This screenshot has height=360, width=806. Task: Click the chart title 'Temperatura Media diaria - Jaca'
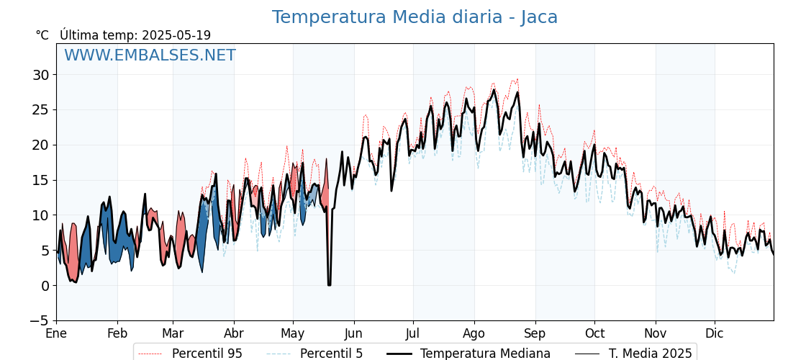415,17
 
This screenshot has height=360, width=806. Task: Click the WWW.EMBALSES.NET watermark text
150,55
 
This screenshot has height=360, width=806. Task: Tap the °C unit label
42,35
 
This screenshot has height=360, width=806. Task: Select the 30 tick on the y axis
40,75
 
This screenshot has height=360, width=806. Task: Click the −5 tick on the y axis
40,321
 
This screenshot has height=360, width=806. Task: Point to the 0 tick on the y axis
45,286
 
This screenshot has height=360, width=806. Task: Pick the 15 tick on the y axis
40,180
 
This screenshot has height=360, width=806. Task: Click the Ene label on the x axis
56,334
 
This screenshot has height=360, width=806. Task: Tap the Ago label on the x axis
474,334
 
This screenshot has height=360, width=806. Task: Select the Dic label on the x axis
715,334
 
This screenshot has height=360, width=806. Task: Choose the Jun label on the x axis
354,334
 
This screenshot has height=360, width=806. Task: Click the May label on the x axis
293,334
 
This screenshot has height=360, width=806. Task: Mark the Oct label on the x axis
594,334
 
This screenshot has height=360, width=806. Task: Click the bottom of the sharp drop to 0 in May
329,285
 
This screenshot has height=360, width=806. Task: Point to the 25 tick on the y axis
40,110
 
